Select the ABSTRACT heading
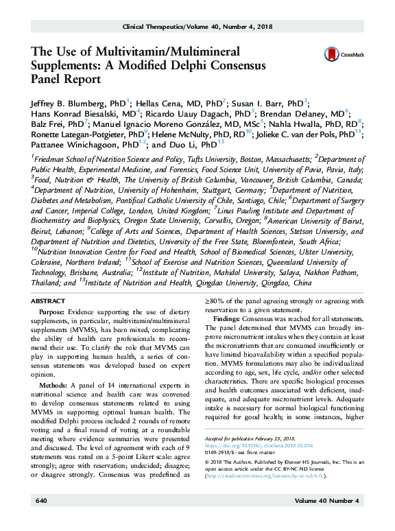(x=50, y=301)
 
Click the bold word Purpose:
(x=60, y=312)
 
